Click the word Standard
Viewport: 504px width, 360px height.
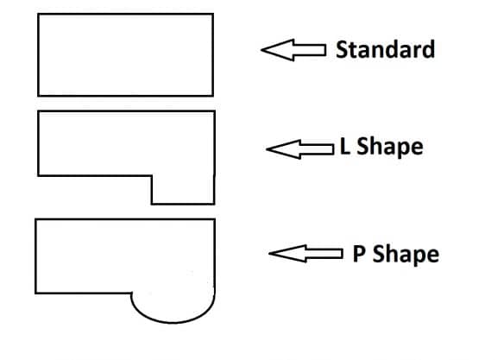coord(385,49)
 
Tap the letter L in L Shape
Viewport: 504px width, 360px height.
coord(345,146)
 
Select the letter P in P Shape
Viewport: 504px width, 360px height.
coord(359,254)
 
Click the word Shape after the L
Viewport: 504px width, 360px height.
coord(390,148)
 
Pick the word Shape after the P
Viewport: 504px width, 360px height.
coord(406,255)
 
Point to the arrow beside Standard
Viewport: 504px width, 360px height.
coord(293,50)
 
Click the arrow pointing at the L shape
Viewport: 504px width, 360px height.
coord(300,149)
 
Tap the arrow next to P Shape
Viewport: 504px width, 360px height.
coord(306,254)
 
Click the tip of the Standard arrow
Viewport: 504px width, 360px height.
coord(261,50)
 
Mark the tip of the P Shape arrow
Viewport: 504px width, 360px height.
coord(269,254)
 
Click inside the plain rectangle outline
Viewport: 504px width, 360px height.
coord(126,55)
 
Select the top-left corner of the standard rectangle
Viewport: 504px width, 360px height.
coord(38,14)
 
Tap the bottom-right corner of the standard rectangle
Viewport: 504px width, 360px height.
coord(213,96)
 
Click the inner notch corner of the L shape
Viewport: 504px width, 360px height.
coord(152,176)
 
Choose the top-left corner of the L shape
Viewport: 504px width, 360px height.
coord(38,111)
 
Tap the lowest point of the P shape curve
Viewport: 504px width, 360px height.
coord(173,322)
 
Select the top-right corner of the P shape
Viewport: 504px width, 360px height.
coord(214,219)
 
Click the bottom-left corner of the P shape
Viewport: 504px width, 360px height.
coord(35,294)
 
